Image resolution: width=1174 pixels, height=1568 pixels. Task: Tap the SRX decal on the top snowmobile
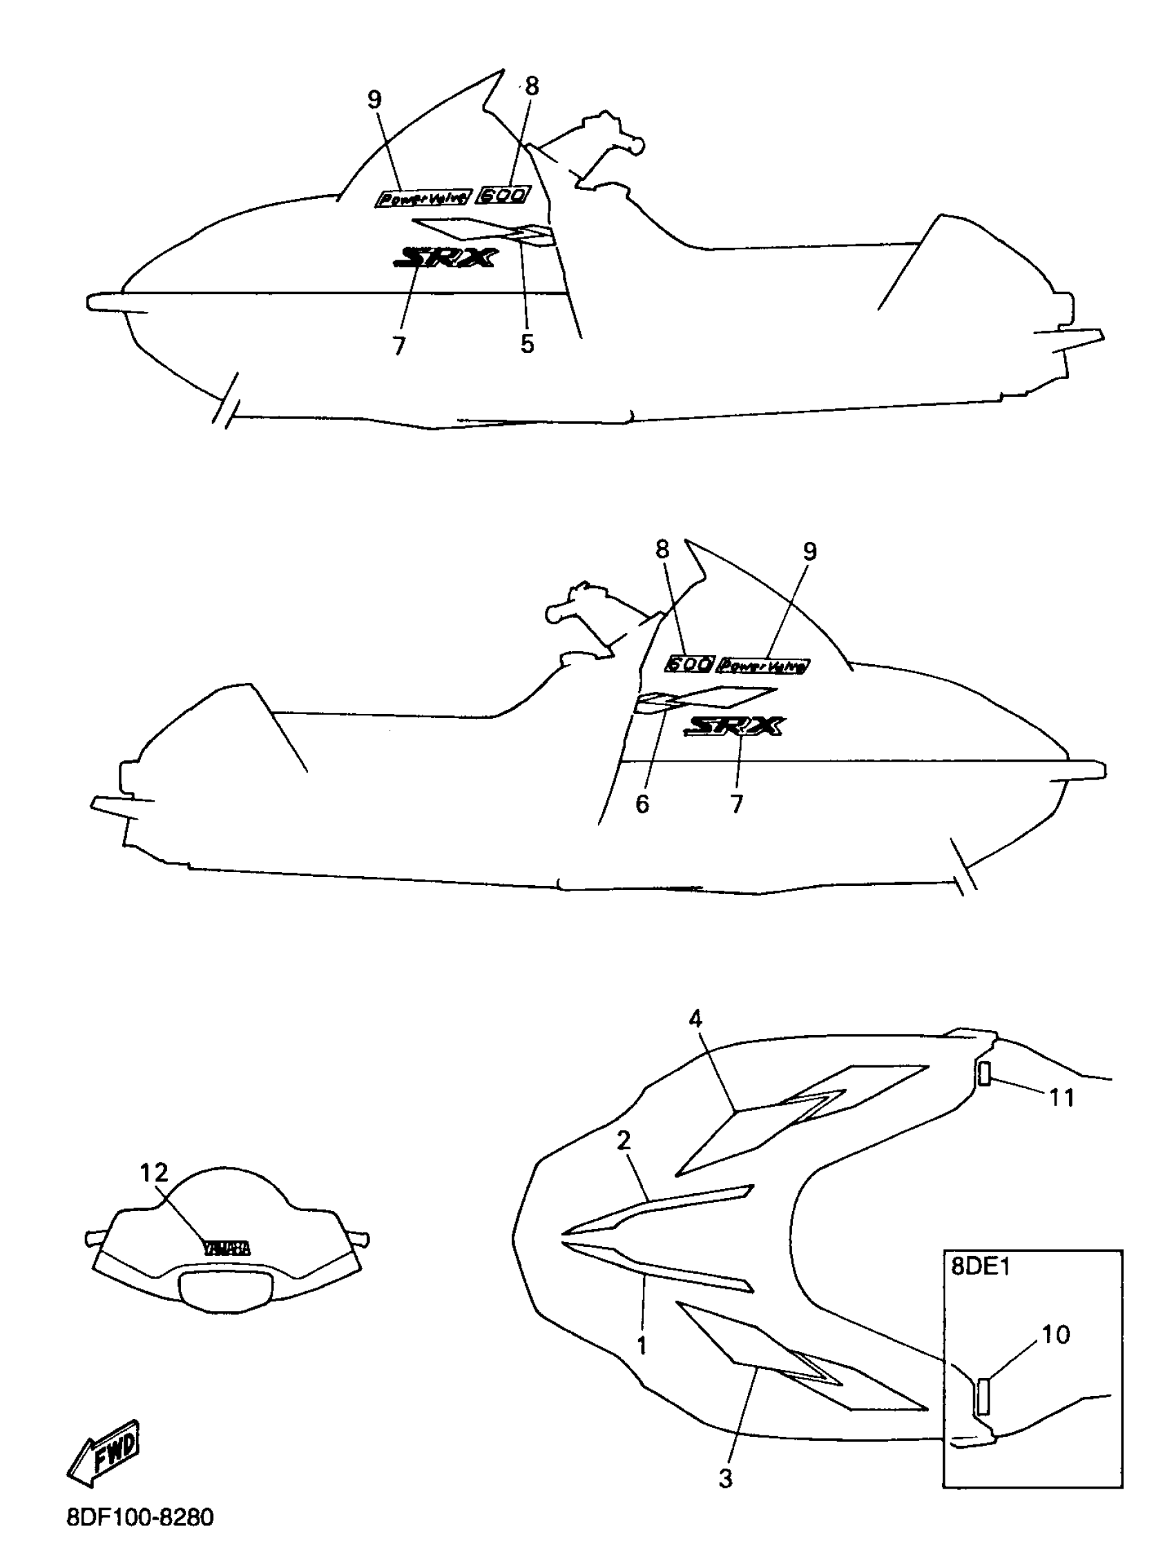tap(445, 258)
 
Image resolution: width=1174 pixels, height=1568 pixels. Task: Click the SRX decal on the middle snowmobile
tap(733, 726)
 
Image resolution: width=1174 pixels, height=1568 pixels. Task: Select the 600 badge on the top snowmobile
tap(503, 195)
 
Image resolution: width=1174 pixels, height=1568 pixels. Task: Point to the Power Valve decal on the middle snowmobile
tap(763, 666)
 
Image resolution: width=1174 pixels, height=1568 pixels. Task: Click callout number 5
tap(527, 344)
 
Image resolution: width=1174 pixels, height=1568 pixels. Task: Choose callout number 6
tap(642, 804)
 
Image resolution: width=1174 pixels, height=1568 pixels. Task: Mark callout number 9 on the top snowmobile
tap(374, 100)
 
